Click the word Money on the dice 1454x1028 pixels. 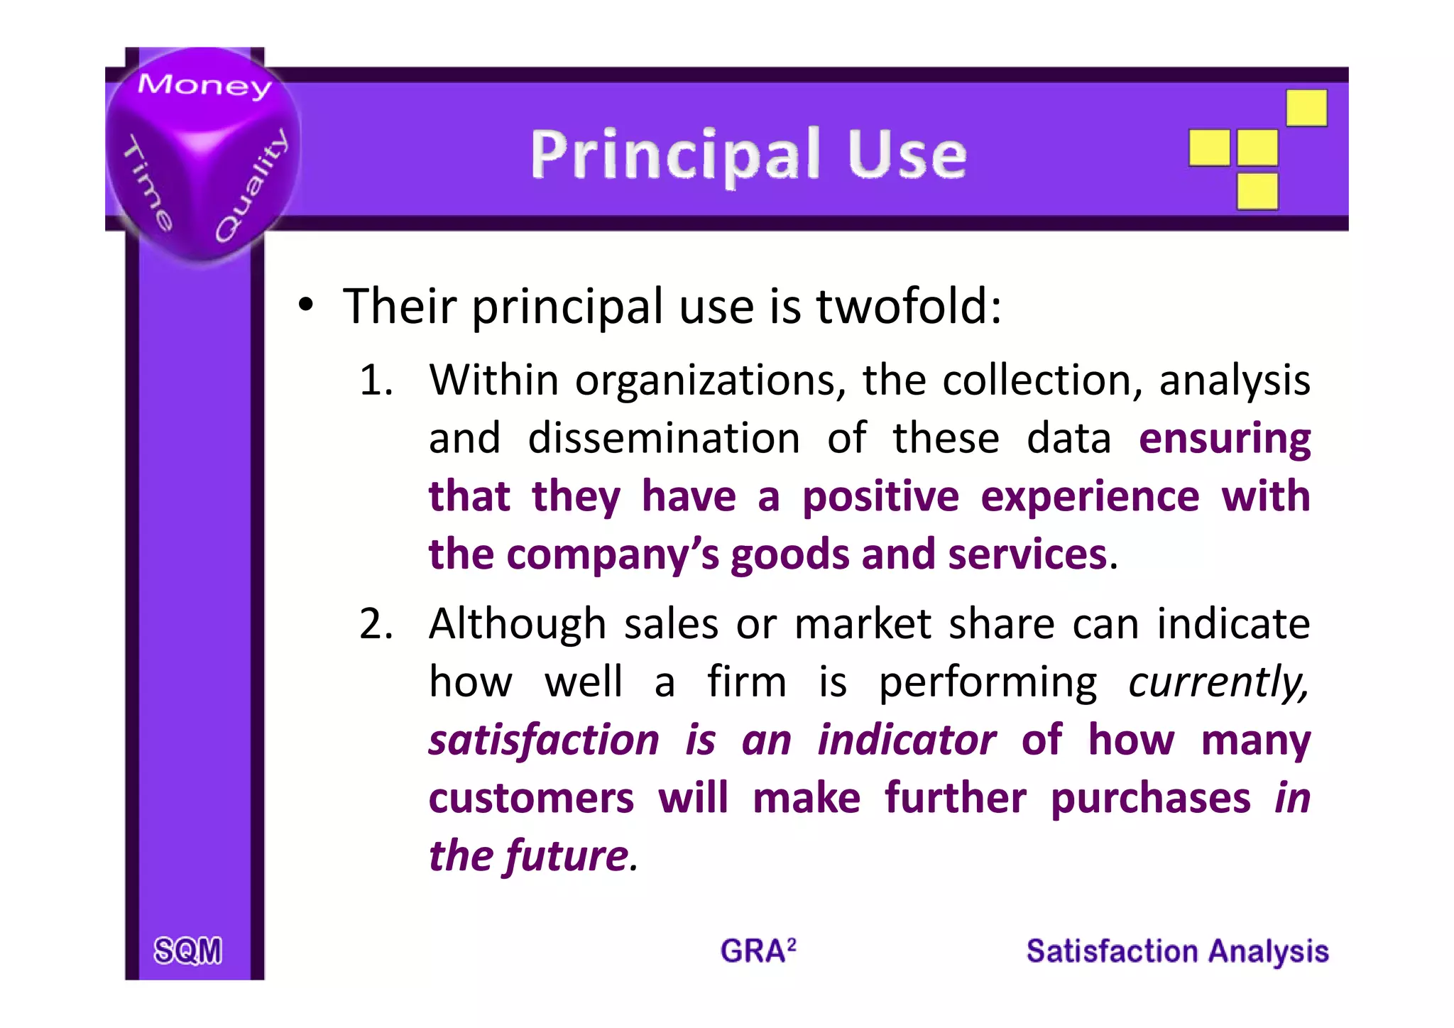[204, 86]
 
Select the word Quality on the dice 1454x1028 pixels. [253, 186]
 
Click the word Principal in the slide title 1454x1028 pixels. [675, 155]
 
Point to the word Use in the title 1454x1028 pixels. [907, 154]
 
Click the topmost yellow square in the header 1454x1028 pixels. [1306, 108]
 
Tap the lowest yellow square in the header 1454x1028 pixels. [1257, 191]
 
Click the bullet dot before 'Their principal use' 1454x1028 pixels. [305, 306]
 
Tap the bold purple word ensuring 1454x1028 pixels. [1225, 439]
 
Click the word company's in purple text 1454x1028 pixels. [613, 554]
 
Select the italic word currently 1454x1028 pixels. [1218, 682]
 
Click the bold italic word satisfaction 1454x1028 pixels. [544, 740]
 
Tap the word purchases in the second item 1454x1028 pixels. [1150, 798]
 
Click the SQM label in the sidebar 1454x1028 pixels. [188, 951]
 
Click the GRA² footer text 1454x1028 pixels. [758, 951]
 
